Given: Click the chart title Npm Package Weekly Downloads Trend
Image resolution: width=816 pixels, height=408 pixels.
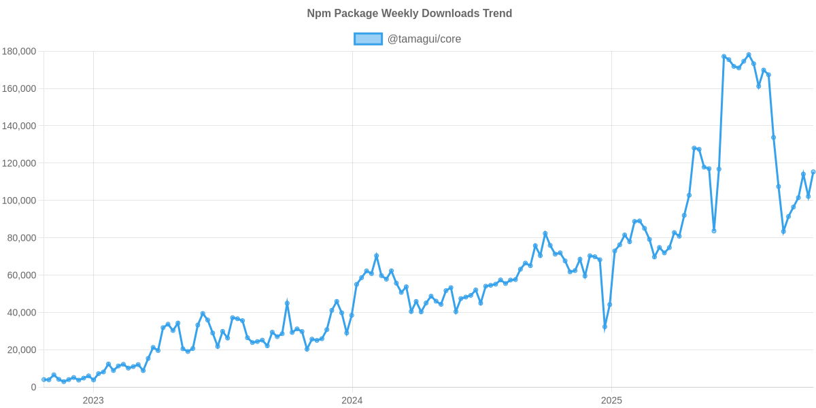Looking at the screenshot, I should (x=409, y=14).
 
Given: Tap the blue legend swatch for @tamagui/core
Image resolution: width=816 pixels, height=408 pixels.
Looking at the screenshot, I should (x=368, y=39).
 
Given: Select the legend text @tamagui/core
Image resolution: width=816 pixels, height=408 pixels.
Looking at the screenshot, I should (x=424, y=39).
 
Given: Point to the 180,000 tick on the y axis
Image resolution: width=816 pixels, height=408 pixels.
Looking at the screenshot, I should (x=19, y=52).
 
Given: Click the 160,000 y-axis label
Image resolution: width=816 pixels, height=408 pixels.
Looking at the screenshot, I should (x=19, y=89).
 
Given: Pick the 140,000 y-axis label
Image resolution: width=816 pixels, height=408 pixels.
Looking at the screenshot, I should (x=19, y=126).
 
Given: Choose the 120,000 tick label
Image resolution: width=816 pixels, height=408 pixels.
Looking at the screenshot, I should (x=19, y=164).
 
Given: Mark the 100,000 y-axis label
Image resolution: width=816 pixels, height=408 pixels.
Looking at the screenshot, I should (x=19, y=201).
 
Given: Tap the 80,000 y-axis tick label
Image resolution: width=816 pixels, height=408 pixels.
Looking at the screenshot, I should (x=22, y=238).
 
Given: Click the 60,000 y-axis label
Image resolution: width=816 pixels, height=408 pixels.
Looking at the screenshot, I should (x=22, y=275).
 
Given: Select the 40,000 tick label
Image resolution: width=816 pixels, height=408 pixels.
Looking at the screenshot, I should (x=22, y=313).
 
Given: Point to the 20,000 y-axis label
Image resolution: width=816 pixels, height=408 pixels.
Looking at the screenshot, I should (x=22, y=350).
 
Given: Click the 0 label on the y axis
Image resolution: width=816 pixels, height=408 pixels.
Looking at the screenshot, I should (x=33, y=388).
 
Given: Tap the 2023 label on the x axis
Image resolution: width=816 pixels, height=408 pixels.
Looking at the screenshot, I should (x=93, y=401).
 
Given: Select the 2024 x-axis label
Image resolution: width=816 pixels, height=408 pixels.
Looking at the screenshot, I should (x=352, y=401).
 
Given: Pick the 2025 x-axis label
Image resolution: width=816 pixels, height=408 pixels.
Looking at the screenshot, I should (x=611, y=401).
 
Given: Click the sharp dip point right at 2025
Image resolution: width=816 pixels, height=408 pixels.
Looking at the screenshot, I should (x=605, y=328).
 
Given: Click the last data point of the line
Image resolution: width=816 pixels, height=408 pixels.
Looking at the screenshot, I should (x=813, y=171).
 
